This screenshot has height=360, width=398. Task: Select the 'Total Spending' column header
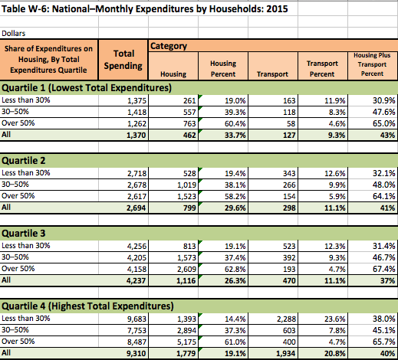pos(123,60)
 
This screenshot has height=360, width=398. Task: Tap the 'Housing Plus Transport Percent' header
pos(372,64)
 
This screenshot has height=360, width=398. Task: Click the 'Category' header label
pos(169,46)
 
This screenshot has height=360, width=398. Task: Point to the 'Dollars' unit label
pos(14,34)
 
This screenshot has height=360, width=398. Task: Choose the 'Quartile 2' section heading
pos(24,161)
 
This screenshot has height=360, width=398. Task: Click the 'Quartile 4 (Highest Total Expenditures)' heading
pos(87,306)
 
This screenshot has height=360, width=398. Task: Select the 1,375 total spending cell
pos(137,100)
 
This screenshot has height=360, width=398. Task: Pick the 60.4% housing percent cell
pos(235,124)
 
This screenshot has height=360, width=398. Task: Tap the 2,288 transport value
pos(286,319)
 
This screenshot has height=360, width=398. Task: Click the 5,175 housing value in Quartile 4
pos(186,342)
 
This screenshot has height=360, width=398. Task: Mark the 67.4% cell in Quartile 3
pos(383,269)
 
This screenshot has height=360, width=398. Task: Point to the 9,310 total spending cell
pos(136,354)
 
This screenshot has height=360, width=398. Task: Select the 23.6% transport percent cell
pos(334,319)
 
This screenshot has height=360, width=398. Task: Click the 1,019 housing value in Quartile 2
pos(186,185)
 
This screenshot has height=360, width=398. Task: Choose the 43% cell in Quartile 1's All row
pos(387,135)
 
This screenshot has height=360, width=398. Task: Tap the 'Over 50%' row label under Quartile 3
pos(18,269)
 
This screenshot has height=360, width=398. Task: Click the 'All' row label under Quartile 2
pos(6,207)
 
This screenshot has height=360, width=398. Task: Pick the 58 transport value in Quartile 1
pos(291,124)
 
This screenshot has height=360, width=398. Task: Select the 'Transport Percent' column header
pos(322,69)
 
